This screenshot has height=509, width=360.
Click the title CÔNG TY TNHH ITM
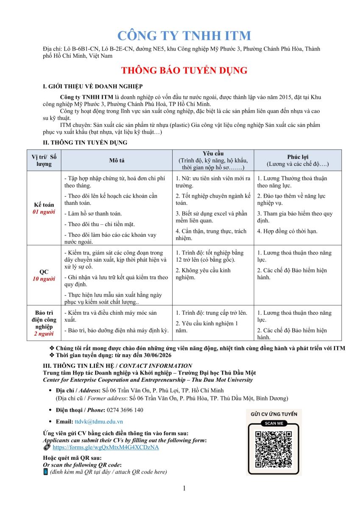[x=184, y=35]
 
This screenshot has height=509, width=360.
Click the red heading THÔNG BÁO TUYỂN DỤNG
[x=184, y=70]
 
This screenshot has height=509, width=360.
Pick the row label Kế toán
[x=44, y=205]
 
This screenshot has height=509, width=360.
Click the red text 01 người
[x=44, y=212]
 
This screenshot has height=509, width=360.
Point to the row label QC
[x=44, y=272]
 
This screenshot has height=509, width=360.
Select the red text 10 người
[x=44, y=279]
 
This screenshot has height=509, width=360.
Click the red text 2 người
[x=44, y=334]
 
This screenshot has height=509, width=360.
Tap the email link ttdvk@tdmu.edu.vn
[x=98, y=422]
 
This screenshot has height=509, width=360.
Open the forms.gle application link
[x=106, y=447]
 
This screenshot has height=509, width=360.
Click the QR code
[x=273, y=449]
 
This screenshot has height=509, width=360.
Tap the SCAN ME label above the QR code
[x=273, y=423]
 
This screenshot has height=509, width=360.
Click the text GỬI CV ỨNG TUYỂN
[x=274, y=414]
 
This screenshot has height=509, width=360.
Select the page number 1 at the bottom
[x=184, y=488]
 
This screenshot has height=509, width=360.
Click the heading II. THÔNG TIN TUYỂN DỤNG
[x=85, y=143]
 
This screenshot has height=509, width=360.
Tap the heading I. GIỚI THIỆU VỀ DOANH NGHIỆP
[x=93, y=87]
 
